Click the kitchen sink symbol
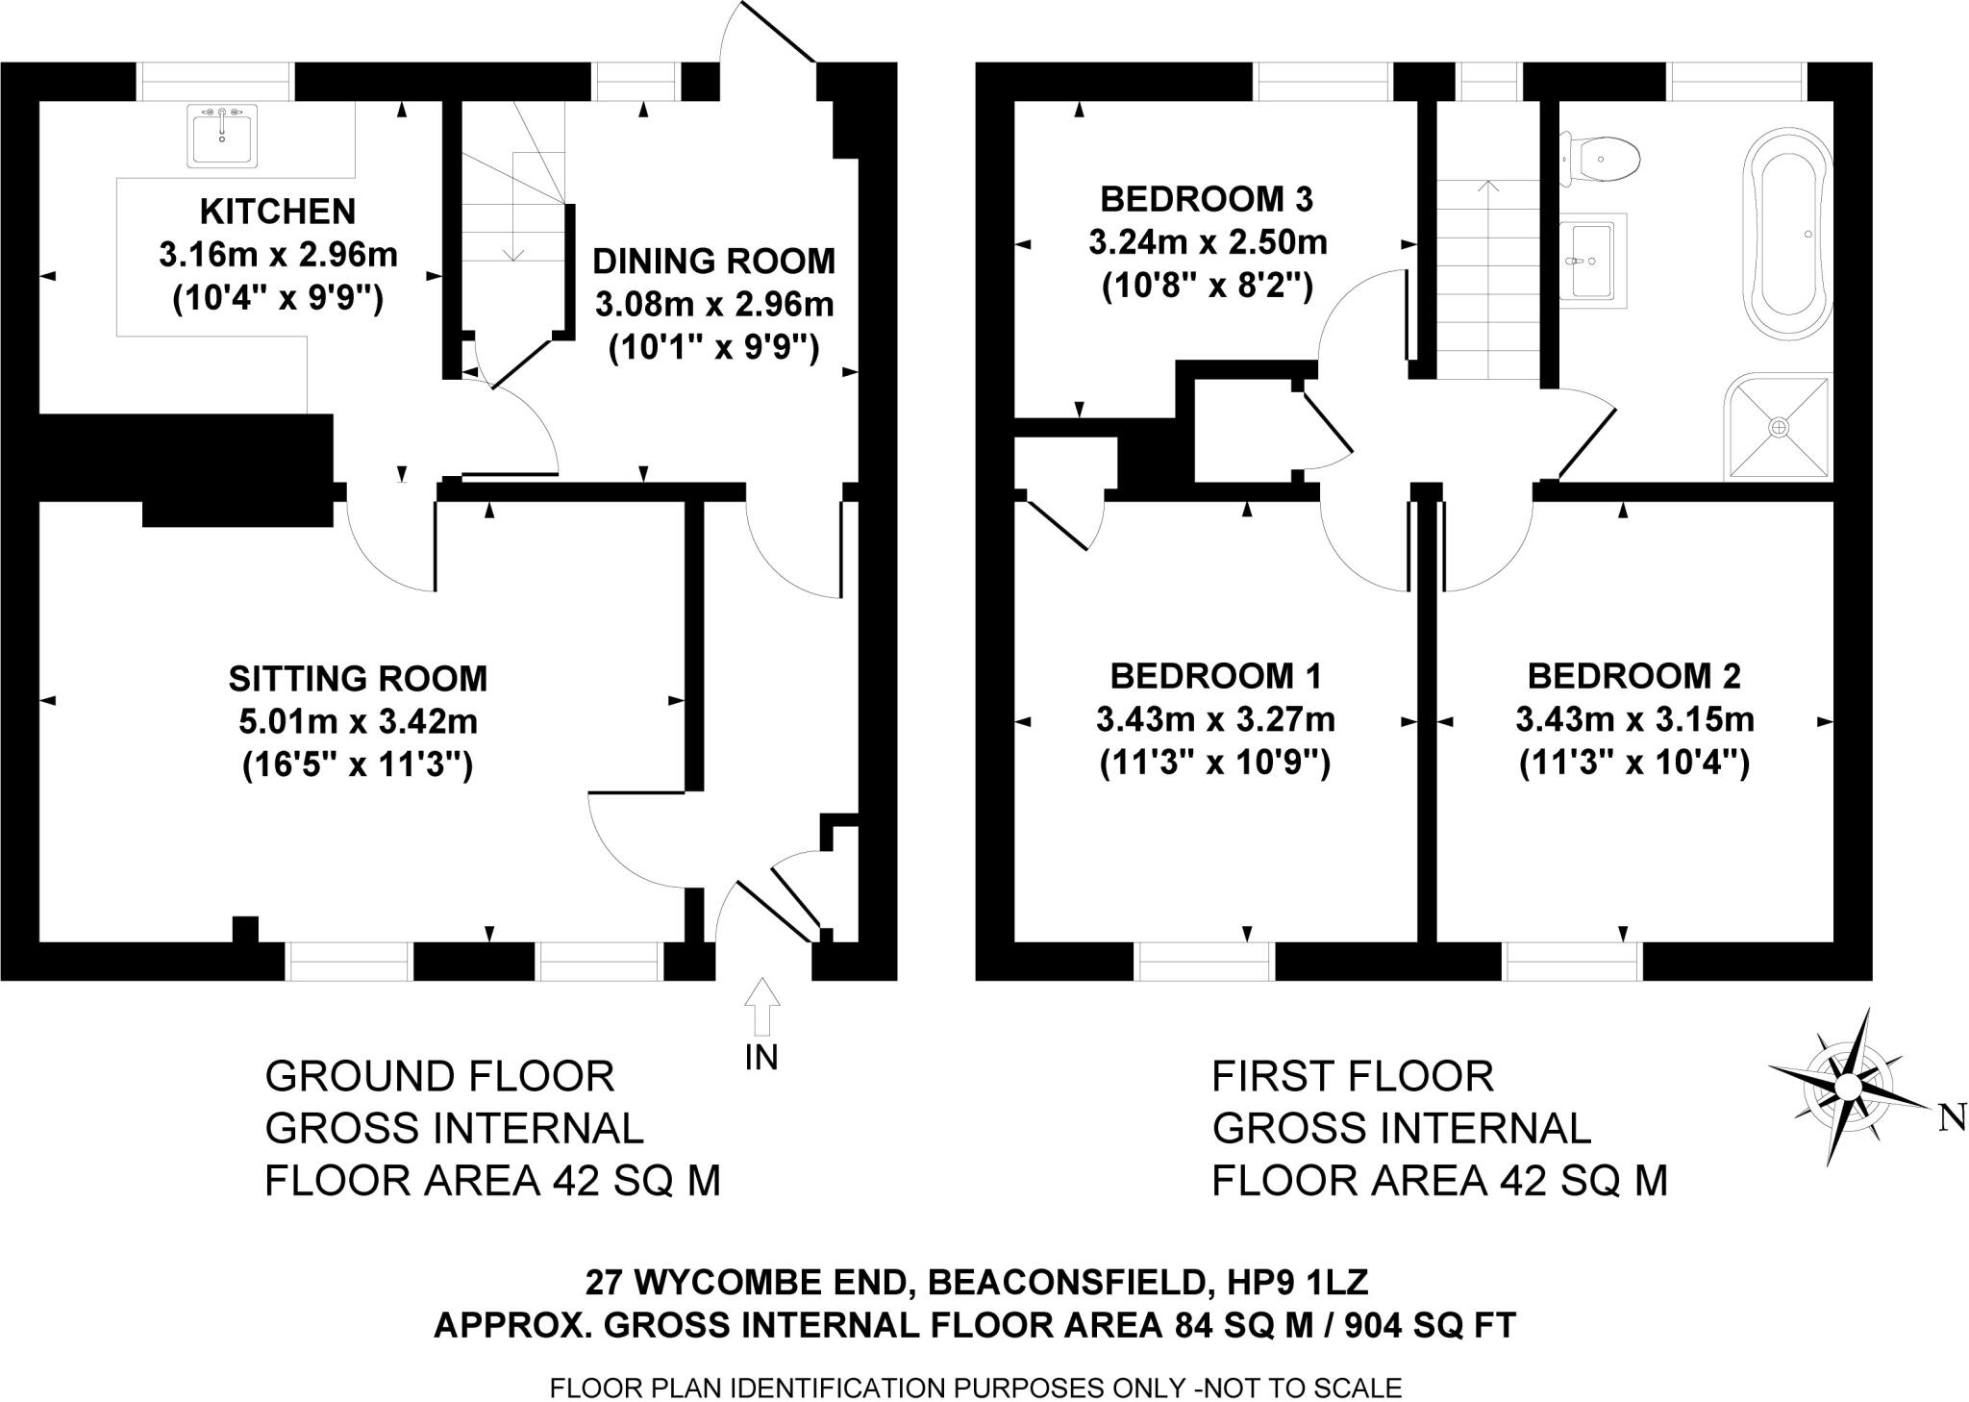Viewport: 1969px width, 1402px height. coord(224,136)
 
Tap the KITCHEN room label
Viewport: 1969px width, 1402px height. coord(277,211)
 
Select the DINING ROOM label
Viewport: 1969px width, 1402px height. coord(713,261)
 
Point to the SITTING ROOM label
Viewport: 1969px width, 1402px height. coord(358,678)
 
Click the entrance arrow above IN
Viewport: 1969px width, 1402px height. coord(761,1006)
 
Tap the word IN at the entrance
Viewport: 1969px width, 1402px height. coord(761,1058)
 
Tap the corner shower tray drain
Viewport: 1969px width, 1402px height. coord(1779,426)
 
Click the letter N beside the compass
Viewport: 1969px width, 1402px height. coord(1952,1118)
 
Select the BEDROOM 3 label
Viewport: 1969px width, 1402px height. coord(1207,199)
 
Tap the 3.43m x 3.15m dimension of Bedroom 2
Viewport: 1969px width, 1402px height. coord(1634,719)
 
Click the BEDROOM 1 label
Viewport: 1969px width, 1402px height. coord(1215,676)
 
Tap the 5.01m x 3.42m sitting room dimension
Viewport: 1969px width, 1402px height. coord(358,721)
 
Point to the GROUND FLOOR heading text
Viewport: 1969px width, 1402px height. coord(439,1076)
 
